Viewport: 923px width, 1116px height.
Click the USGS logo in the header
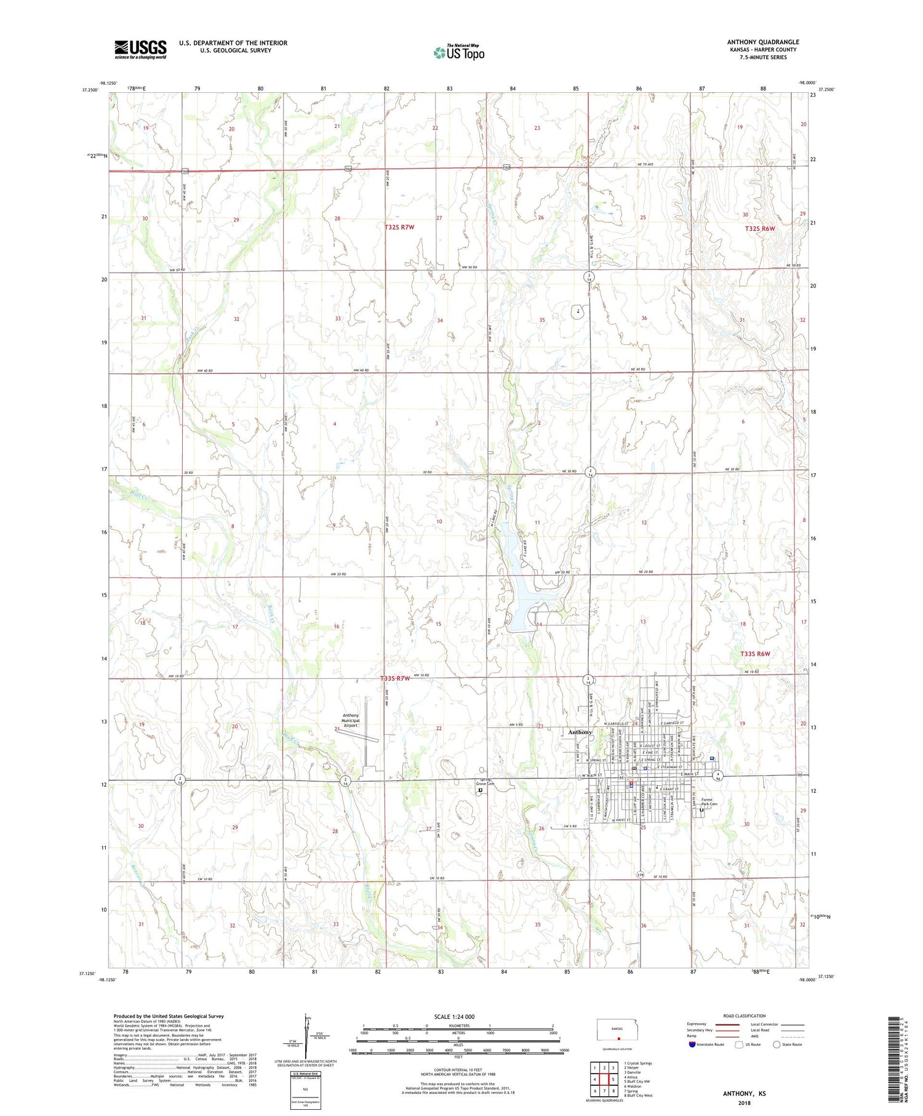[140, 49]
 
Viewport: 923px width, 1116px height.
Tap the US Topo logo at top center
[458, 53]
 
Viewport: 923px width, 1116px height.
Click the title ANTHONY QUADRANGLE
[762, 42]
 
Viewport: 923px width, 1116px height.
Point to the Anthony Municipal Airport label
[351, 720]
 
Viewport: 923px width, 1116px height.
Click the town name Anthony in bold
[580, 732]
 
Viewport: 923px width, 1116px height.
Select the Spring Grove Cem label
[484, 782]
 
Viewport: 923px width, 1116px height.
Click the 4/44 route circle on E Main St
[717, 775]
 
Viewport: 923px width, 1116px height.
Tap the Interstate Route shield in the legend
[692, 1045]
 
